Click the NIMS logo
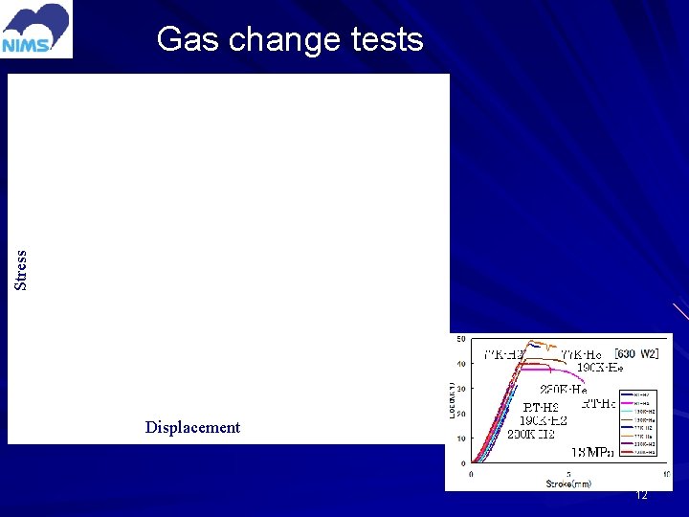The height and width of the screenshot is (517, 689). pos(36,30)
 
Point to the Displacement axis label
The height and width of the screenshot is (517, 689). pos(192,428)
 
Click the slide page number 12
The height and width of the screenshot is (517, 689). pos(642,495)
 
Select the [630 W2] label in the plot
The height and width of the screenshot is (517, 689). pos(635,354)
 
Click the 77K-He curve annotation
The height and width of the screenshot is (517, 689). pos(581,354)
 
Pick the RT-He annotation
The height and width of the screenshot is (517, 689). pos(600,404)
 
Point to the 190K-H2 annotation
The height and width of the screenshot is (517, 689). pos(544,420)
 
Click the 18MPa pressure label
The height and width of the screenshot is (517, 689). pos(593,451)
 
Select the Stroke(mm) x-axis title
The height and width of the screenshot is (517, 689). pos(568,483)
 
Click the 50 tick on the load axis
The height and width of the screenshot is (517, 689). pos(461,340)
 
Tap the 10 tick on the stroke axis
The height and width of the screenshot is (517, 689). pos(666,474)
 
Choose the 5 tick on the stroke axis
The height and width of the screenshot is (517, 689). pos(568,474)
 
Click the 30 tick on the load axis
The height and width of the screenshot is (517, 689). pos(461,390)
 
